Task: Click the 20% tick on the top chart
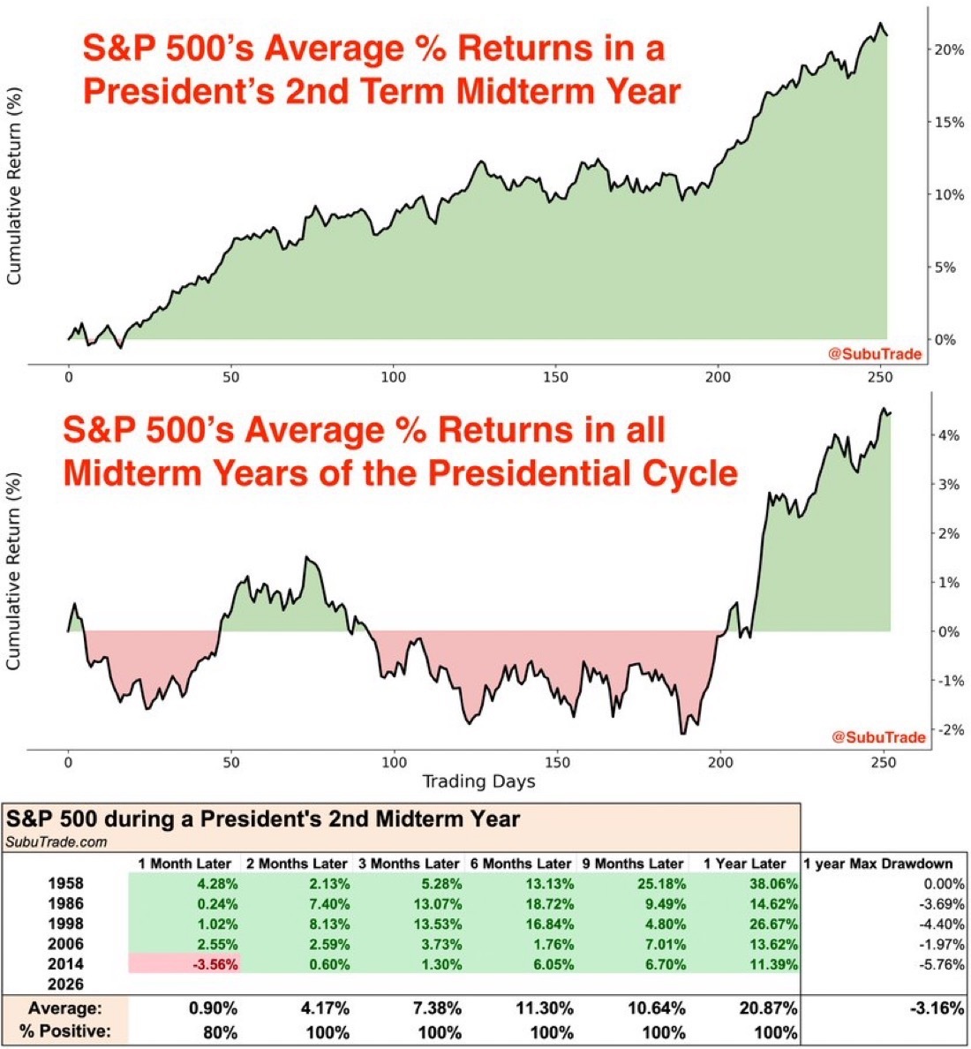(950, 49)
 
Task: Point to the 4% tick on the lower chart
(950, 435)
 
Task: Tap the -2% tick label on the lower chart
(948, 729)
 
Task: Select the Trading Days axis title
(478, 781)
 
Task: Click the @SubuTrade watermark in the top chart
(874, 354)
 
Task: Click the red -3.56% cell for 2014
(184, 964)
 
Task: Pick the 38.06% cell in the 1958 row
(771, 884)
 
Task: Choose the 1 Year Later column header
(744, 863)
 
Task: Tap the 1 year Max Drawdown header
(877, 863)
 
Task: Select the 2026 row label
(67, 985)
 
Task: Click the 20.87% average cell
(770, 1008)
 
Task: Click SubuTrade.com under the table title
(56, 841)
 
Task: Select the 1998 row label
(67, 924)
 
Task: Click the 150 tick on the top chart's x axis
(555, 377)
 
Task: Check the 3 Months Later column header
(408, 863)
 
